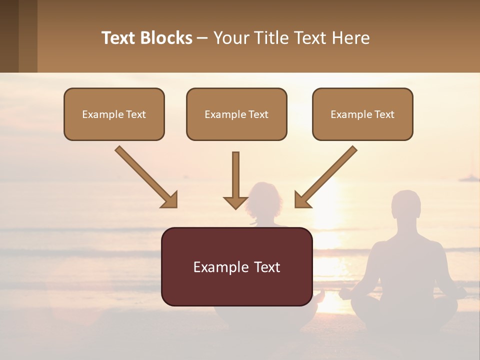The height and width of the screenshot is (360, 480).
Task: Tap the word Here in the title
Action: coord(351,38)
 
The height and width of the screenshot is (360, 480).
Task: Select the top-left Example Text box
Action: coord(114,114)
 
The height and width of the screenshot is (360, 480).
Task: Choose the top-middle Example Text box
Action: coord(236,114)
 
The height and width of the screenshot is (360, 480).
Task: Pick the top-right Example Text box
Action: coord(362,114)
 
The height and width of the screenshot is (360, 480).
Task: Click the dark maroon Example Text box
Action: coord(236,266)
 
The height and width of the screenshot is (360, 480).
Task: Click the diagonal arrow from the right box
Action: coord(326,176)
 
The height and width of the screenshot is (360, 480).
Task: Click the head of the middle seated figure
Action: coord(265,200)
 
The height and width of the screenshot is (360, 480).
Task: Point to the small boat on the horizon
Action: coord(469,177)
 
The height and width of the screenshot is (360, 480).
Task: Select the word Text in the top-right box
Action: coord(384,114)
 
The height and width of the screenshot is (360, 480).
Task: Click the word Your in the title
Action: coord(230,38)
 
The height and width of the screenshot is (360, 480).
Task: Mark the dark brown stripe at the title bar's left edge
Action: coord(9,36)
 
